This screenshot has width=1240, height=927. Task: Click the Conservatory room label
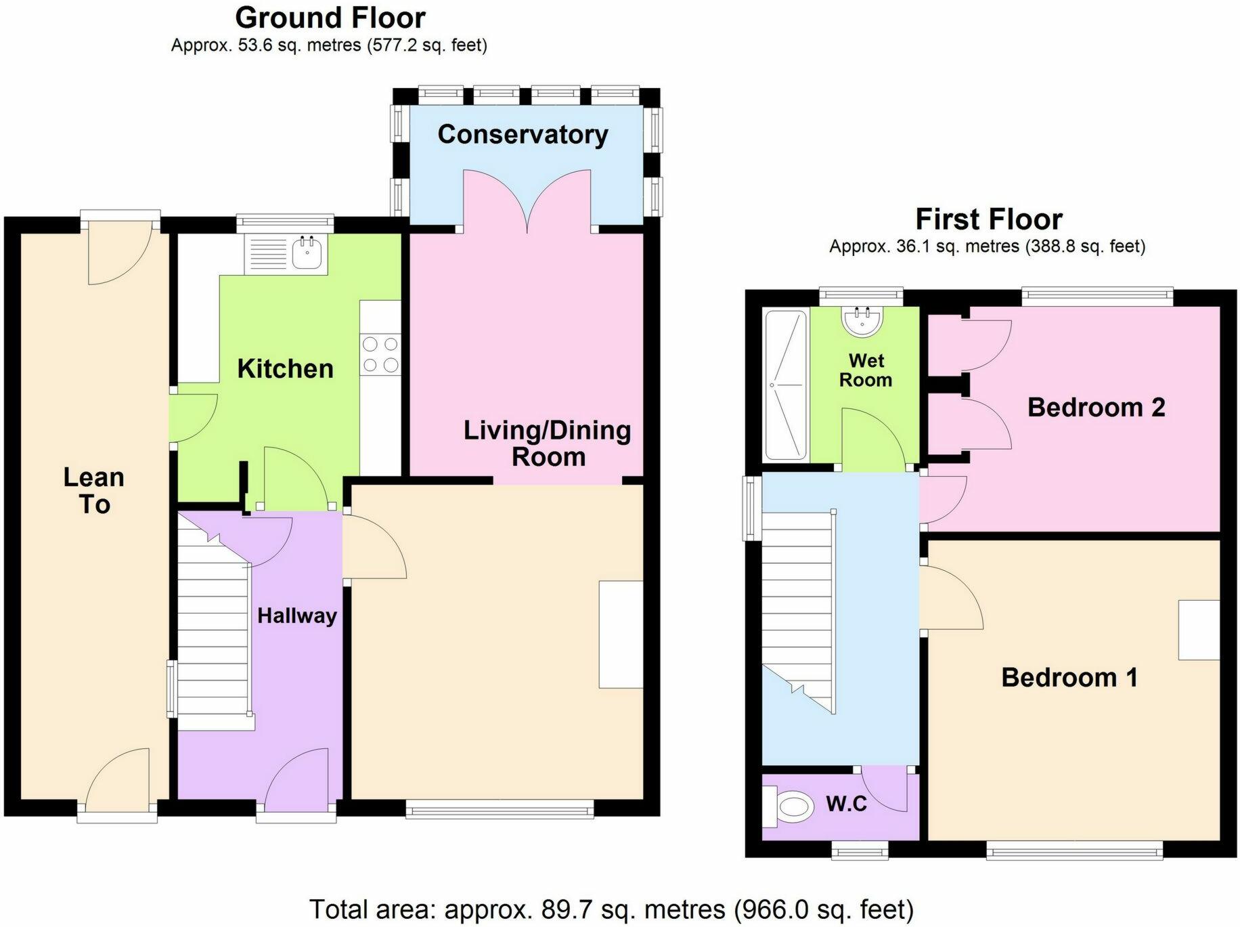tap(523, 135)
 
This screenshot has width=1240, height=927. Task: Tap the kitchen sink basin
tap(309, 254)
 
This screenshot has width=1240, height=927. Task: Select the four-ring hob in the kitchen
tap(380, 354)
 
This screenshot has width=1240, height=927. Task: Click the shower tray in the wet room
tap(785, 385)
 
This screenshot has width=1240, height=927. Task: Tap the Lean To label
tap(94, 491)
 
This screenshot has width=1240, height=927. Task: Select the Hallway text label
tap(297, 616)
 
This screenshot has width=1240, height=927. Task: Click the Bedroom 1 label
tap(1069, 677)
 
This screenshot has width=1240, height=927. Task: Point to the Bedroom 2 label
tap(1097, 407)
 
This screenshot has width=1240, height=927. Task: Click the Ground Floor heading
tap(330, 18)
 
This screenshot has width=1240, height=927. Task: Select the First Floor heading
tap(989, 219)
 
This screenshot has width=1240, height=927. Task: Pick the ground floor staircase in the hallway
tap(215, 622)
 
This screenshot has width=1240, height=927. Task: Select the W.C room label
tap(847, 804)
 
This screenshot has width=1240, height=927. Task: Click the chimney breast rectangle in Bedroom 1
tap(1199, 630)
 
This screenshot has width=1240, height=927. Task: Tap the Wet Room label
tap(866, 370)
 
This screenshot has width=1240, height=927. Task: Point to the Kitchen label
tap(286, 369)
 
